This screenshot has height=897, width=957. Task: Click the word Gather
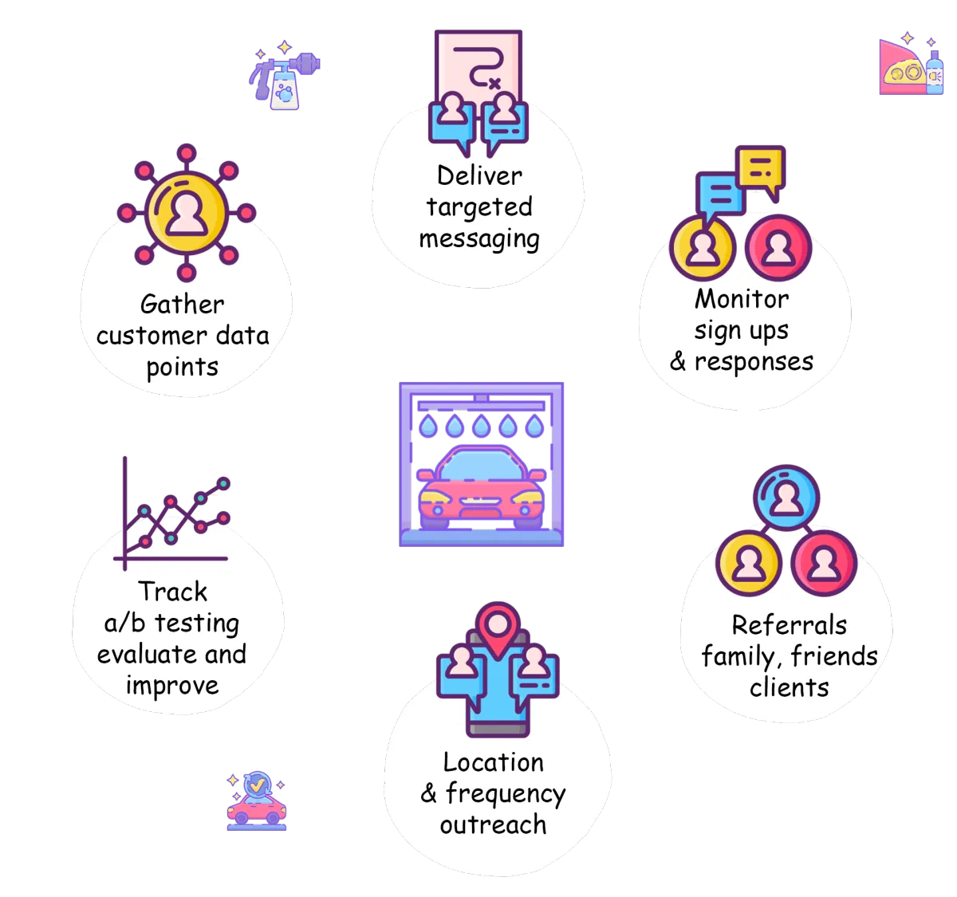click(182, 305)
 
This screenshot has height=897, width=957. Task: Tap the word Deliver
click(479, 175)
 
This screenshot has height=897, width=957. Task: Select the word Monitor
click(741, 299)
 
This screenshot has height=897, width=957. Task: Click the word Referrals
click(789, 625)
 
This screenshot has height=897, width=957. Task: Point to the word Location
click(493, 762)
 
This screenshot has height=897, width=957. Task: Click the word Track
click(172, 592)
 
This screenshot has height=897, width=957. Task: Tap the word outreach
click(493, 825)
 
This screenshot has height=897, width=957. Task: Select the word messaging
click(479, 239)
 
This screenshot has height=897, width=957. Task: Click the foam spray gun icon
click(284, 75)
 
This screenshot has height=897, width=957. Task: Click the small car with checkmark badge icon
click(256, 801)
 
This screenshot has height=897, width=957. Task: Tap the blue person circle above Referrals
click(786, 498)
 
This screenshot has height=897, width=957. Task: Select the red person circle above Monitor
click(778, 248)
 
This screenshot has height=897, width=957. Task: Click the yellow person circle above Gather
click(186, 213)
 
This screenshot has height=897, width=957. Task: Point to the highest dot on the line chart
click(223, 483)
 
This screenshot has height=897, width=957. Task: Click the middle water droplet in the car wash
click(481, 426)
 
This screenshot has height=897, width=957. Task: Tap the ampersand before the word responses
click(678, 361)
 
